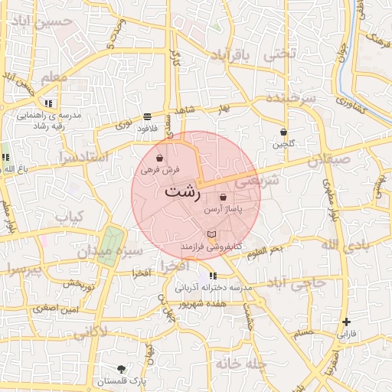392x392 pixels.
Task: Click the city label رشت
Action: (181, 191)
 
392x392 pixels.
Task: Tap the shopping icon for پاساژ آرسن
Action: (223, 197)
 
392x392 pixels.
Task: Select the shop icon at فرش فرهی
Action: (158, 158)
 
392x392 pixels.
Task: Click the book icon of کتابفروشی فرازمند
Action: (212, 234)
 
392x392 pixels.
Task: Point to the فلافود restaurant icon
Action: (146, 116)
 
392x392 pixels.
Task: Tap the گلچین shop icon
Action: (283, 132)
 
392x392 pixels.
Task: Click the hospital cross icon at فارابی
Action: (347, 322)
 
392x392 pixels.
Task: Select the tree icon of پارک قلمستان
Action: (121, 368)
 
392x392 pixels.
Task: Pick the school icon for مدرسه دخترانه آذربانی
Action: (213, 275)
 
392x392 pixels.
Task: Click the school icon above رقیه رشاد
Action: (48, 103)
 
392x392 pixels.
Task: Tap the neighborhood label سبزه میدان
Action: (121, 252)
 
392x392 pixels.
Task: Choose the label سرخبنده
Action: (292, 99)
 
